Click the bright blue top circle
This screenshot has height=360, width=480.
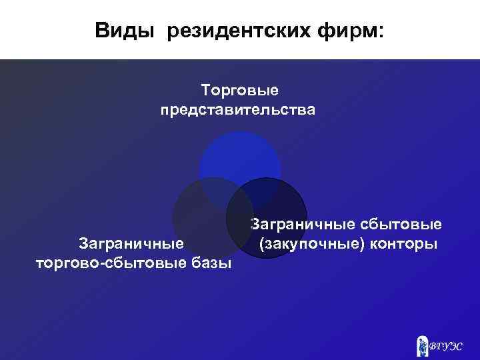240,157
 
